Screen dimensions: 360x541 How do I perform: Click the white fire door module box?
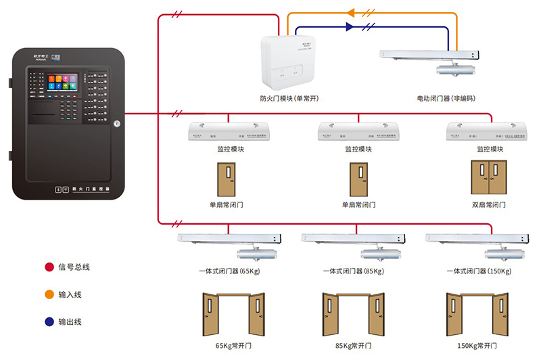pos(289,62)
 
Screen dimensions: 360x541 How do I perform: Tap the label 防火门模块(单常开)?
pos(289,99)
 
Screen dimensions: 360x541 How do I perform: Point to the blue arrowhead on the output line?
pos(350,27)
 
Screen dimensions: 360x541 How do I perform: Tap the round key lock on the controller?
pos(117,124)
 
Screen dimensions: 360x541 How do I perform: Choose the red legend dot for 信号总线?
pos(49,267)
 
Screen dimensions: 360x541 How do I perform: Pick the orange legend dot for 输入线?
pos(49,295)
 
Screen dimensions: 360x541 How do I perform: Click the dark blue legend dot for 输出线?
pos(49,322)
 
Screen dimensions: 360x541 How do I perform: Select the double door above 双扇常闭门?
pos(489,178)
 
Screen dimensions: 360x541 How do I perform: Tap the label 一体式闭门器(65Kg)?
pos(229,271)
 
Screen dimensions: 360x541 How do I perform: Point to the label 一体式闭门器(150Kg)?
pos(479,271)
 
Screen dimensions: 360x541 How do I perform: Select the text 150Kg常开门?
pos(478,346)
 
